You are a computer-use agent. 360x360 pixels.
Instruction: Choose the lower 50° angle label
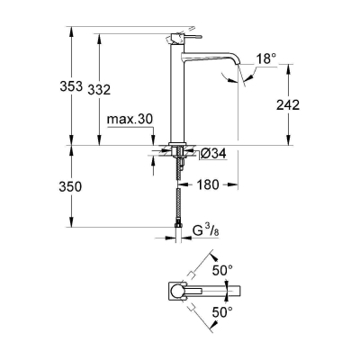(221, 312)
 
